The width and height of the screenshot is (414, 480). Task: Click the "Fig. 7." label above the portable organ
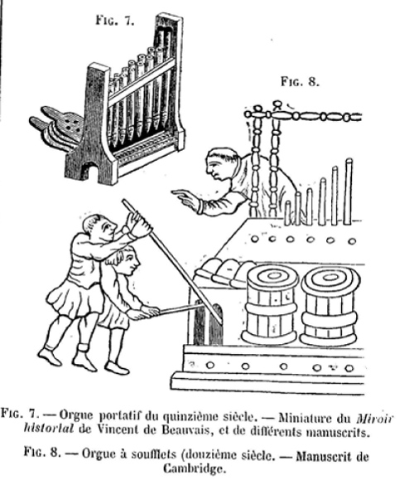(x=115, y=21)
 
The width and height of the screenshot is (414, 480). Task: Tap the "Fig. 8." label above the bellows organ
(x=300, y=82)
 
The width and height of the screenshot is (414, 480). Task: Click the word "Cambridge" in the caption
(x=193, y=469)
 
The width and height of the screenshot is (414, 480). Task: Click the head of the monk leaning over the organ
(x=221, y=164)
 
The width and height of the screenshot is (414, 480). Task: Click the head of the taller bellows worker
(x=99, y=228)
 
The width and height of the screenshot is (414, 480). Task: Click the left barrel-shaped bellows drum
(x=271, y=304)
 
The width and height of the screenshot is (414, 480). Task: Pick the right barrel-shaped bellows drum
(x=330, y=306)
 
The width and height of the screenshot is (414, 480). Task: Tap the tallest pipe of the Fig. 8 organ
(x=348, y=192)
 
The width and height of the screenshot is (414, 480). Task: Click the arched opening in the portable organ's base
(x=89, y=171)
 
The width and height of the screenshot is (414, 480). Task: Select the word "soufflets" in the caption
(x=154, y=454)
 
